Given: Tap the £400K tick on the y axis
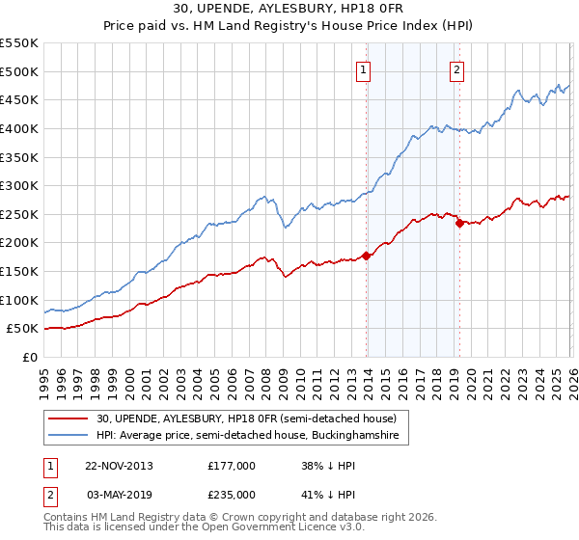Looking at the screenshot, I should (19, 128).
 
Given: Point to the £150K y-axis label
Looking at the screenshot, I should (19, 271).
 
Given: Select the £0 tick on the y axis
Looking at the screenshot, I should (29, 357).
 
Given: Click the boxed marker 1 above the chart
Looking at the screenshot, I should (364, 68).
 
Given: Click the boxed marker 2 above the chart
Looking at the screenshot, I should (455, 68).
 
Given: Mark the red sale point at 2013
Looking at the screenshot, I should (367, 256).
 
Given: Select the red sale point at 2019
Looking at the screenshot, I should (459, 223).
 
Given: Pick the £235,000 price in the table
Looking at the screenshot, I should (231, 495).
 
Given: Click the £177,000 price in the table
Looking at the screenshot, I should (231, 466).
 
